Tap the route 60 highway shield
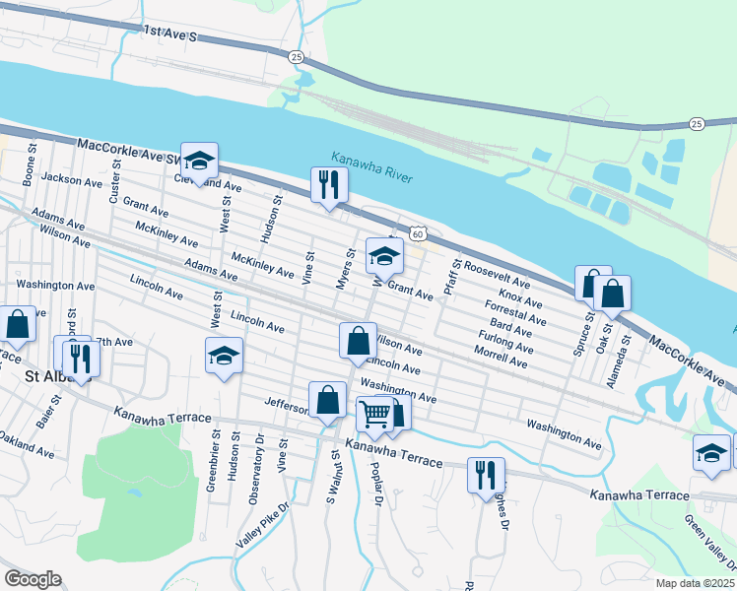coord(419,234)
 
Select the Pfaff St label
coord(452,278)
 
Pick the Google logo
coord(33,579)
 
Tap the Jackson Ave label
coord(73,181)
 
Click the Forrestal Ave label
coord(515,312)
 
